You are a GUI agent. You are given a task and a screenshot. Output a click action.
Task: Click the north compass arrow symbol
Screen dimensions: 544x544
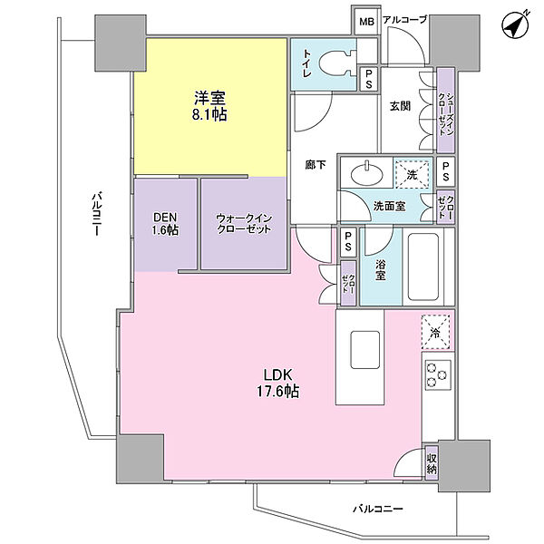pos(516,25)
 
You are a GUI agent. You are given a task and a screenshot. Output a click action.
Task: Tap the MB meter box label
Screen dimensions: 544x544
pos(366,22)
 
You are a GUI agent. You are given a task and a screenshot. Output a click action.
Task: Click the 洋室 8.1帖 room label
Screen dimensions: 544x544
pos(210,105)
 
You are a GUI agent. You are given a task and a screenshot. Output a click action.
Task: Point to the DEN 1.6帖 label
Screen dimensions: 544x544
pos(166,224)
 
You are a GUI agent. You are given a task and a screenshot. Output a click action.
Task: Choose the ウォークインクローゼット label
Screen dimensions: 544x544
pos(244,224)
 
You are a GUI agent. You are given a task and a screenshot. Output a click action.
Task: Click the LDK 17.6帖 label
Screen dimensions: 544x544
pos(277,383)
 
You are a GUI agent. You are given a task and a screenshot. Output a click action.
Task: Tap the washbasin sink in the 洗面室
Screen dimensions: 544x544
pos(367,172)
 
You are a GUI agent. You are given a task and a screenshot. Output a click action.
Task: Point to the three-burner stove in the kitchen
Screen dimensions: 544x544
pos(438,375)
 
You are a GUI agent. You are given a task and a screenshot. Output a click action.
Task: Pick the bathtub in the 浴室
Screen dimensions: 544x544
pos(423,267)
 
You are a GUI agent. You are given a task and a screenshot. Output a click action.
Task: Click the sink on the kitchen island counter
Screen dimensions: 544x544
pos(364,350)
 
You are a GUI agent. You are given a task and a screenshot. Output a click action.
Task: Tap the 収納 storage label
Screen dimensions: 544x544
pos(432,463)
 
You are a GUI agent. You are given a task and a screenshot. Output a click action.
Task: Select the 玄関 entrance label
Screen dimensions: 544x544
pos(400,106)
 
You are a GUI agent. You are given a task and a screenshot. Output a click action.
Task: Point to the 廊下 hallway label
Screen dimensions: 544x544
pos(316,164)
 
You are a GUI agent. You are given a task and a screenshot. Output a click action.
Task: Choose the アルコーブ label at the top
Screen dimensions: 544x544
pos(404,20)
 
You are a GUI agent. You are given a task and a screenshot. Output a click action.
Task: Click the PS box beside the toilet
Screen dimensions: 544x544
pos(368,79)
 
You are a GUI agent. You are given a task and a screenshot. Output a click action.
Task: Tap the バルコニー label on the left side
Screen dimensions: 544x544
pos(97,213)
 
